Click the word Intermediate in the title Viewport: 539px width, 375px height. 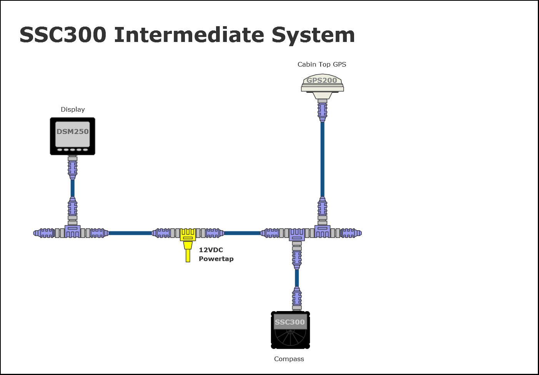click(189, 35)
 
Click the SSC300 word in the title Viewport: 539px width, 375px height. click(63, 35)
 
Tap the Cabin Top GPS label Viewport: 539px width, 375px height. click(322, 64)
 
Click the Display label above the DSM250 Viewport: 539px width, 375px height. click(73, 109)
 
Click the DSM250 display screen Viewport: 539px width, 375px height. click(73, 134)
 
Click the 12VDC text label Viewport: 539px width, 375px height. click(211, 250)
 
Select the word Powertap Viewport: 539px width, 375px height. click(216, 259)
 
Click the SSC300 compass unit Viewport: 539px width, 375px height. click(290, 330)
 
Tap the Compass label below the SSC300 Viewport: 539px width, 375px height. click(289, 359)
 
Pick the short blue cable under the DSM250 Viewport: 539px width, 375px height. click(73, 188)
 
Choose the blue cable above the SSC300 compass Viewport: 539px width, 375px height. click(297, 278)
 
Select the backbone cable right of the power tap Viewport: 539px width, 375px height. click(242, 233)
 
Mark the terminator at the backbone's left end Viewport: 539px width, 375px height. click(43, 233)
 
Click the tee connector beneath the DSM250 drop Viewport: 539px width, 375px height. click(73, 231)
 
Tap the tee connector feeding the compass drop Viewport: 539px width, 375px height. click(297, 234)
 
